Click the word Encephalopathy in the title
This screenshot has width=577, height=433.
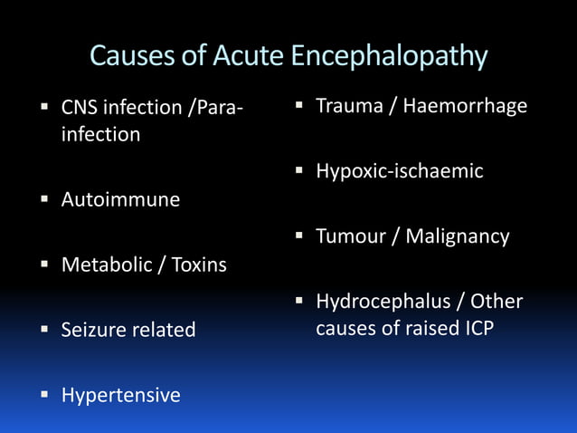389,56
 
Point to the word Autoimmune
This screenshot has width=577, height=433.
120,199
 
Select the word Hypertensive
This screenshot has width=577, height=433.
120,395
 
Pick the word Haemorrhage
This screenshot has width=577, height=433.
465,106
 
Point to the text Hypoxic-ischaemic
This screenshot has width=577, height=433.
399,171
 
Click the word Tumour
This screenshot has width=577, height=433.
348,236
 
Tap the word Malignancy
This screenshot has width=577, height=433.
457,236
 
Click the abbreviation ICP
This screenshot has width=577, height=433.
473,327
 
